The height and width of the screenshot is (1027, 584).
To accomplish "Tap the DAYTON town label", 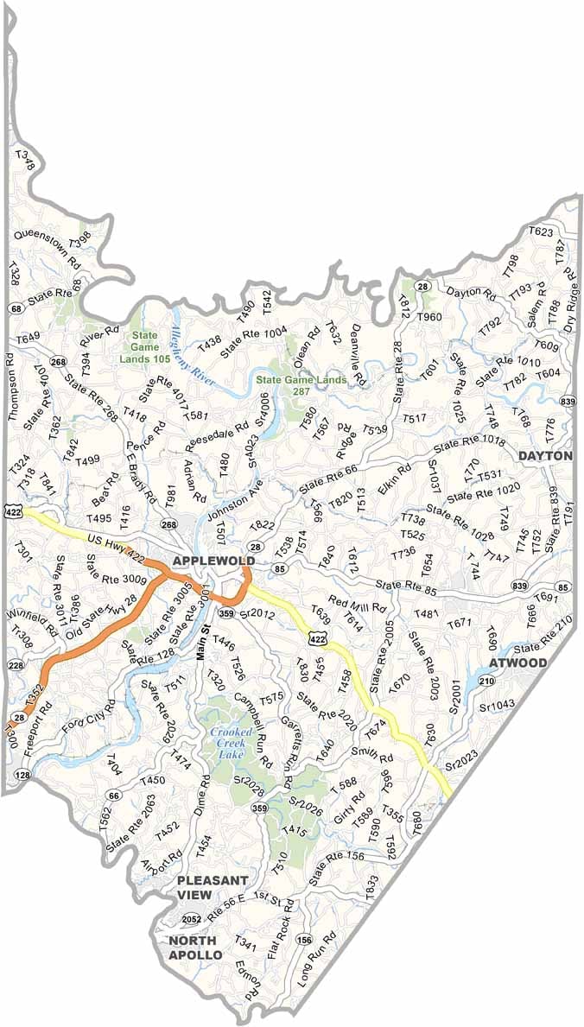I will click(545, 455).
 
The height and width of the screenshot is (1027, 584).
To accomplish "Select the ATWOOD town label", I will click(517, 662).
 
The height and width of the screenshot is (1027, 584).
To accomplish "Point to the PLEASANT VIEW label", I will click(213, 887).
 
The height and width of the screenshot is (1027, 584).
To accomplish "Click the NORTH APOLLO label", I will click(195, 948).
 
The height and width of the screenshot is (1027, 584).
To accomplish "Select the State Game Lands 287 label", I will click(301, 385).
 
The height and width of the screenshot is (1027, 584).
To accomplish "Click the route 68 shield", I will click(16, 308).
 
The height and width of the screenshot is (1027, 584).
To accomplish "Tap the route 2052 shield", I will click(192, 919).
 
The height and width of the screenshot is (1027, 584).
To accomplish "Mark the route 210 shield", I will click(486, 681).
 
